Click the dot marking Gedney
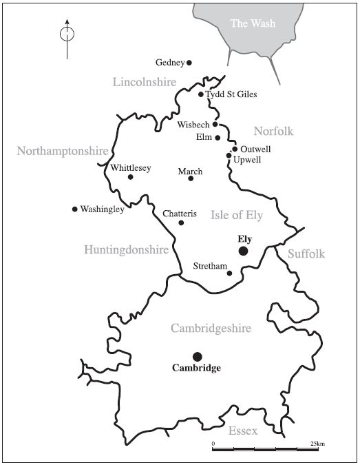pos(189,63)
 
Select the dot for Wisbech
pos(215,125)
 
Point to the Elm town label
pos(204,138)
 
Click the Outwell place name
pos(256,149)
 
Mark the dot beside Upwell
pos(229,156)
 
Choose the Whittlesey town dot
pos(130,177)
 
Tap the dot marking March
pos(191,178)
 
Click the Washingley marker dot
pos(74,209)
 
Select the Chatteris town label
pos(180,214)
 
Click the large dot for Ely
pos(243,251)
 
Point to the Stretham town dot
pos(230,273)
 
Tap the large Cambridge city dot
pos(197,356)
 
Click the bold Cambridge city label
pos(196,369)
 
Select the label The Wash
pos(253,24)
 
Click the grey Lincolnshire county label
pos(145,82)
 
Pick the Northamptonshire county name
pos(63,151)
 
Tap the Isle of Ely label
pos(237,215)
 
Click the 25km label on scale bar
pos(317,442)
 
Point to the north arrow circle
pos(67,32)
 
